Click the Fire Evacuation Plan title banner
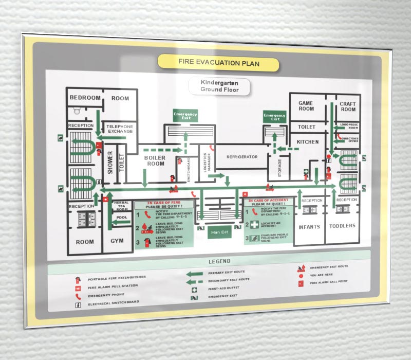click(218, 63)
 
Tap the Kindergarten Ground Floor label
click(219, 86)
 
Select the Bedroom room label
click(85, 98)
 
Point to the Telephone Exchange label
click(120, 129)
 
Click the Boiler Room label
click(154, 161)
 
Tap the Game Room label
click(306, 106)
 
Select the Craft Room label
click(348, 106)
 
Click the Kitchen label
click(308, 141)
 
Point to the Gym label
click(117, 241)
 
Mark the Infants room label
click(309, 226)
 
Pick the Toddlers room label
click(343, 226)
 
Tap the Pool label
click(122, 218)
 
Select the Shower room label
click(110, 163)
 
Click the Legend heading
click(219, 261)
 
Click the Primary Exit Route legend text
click(227, 273)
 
